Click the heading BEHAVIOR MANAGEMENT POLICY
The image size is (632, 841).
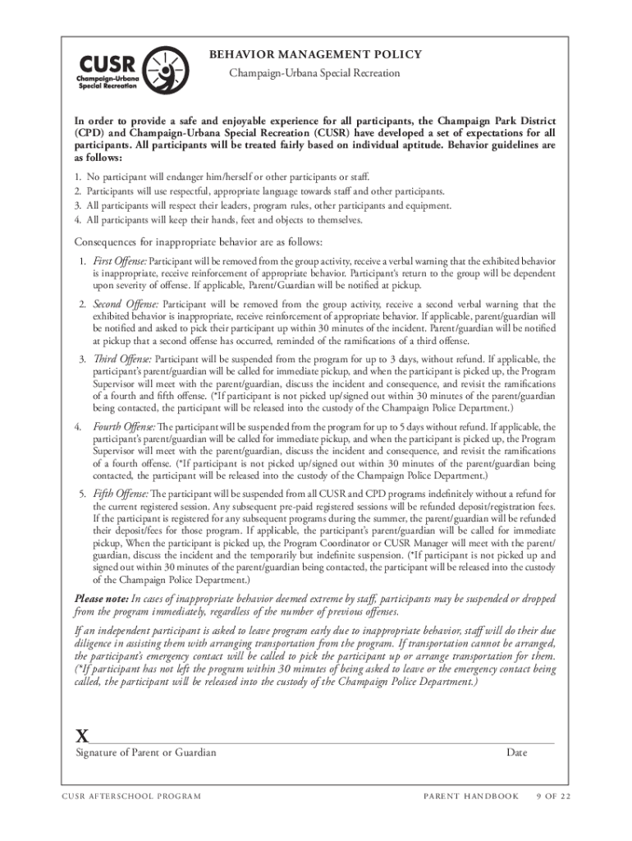316,55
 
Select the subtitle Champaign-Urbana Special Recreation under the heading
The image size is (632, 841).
314,73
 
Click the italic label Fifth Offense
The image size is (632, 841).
119,494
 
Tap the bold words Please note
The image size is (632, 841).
102,599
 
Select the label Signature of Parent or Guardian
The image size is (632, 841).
146,752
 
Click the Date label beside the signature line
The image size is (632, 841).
516,752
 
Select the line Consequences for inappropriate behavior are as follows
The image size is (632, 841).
199,242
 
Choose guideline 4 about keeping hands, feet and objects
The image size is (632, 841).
224,219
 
